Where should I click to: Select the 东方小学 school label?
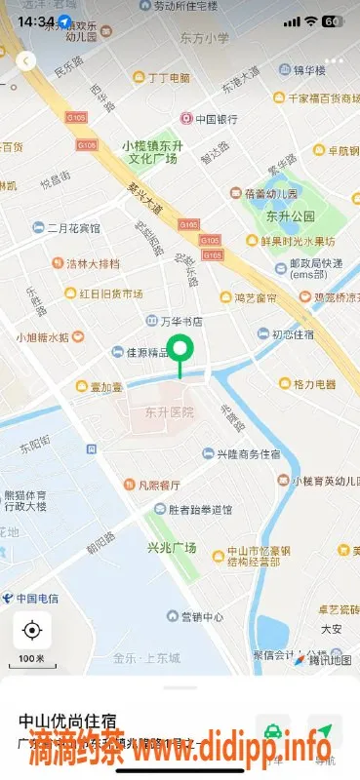[204, 38]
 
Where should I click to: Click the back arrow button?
[26, 60]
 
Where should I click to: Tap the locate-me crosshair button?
[32, 631]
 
